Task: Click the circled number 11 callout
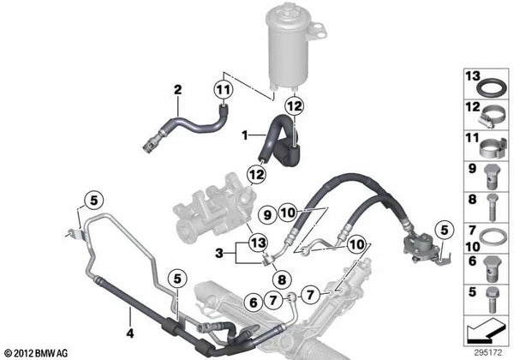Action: pos(224,89)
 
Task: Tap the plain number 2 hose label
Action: pos(177,89)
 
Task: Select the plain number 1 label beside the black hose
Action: pos(244,135)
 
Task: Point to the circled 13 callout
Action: pos(259,243)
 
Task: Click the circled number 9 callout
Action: pos(267,215)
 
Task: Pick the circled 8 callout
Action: pos(282,280)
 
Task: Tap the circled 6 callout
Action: pos(254,303)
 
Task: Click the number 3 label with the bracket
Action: pos(219,253)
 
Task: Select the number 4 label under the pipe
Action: pos(130,333)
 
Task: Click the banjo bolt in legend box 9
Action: pos(491,177)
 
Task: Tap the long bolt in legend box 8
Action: pos(492,207)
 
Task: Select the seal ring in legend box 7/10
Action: pos(492,237)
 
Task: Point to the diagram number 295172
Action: pos(487,353)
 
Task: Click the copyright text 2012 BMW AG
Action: pos(36,353)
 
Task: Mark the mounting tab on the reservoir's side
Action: pos(317,31)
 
